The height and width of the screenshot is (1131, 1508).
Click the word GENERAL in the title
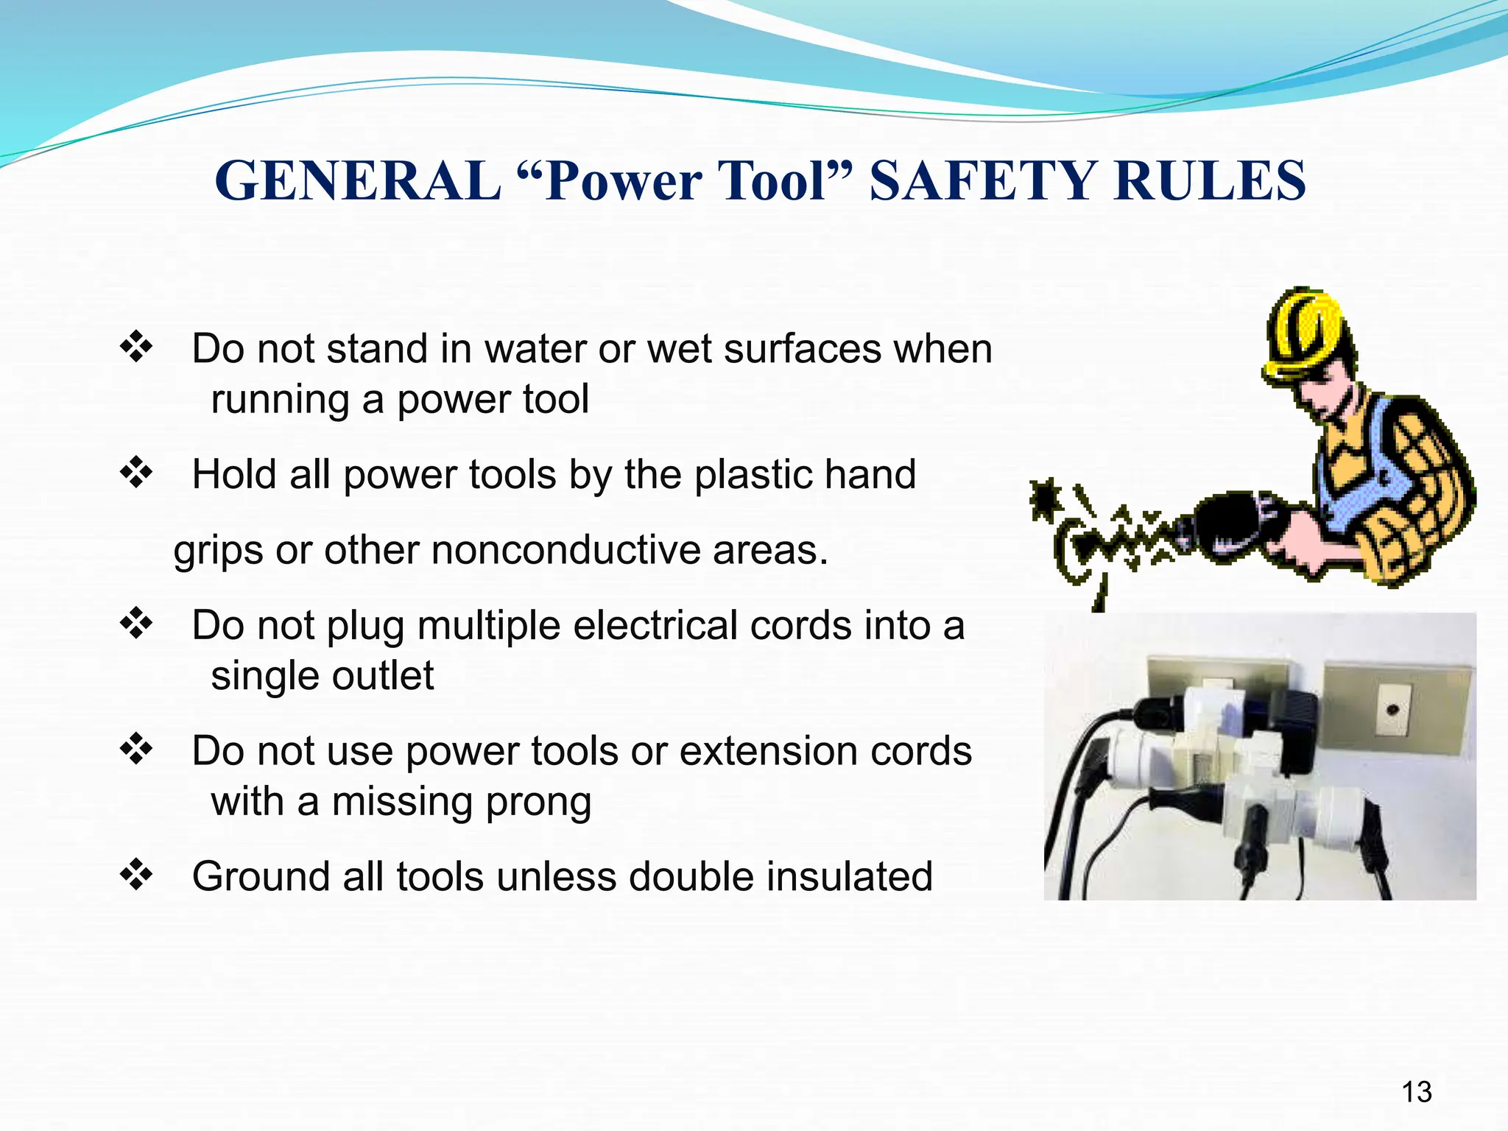pos(358,181)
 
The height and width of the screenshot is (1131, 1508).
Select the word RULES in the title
pos(1210,181)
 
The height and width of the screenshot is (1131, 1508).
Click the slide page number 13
pos(1416,1091)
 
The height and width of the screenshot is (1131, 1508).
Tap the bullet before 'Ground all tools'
pos(136,875)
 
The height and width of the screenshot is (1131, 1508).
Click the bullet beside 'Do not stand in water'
pos(136,347)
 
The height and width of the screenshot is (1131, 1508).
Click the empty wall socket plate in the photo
pos(1395,710)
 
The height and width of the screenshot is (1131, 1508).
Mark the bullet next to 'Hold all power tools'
pos(136,472)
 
